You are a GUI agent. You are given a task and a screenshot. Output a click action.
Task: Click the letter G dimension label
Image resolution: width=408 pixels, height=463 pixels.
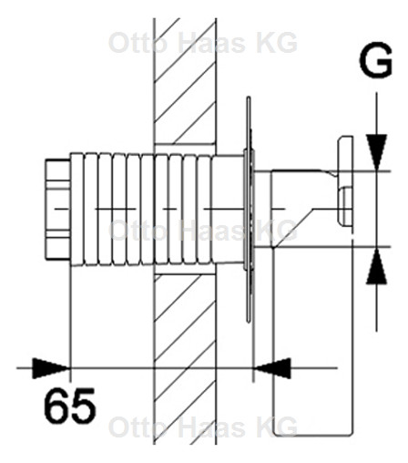point(373,64)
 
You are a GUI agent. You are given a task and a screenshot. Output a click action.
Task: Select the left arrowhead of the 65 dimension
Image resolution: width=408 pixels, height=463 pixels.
point(53,367)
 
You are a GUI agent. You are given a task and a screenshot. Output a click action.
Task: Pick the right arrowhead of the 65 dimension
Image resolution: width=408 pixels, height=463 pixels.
point(272,367)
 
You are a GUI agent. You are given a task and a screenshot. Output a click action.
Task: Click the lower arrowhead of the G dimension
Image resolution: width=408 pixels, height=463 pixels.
point(373,268)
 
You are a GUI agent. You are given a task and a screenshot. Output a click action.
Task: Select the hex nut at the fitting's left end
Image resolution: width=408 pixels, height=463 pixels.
point(56,209)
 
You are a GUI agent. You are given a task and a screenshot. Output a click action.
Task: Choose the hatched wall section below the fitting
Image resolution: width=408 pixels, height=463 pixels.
point(185,365)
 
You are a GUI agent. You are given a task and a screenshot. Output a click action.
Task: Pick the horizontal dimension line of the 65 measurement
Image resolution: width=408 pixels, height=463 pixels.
point(164,367)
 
